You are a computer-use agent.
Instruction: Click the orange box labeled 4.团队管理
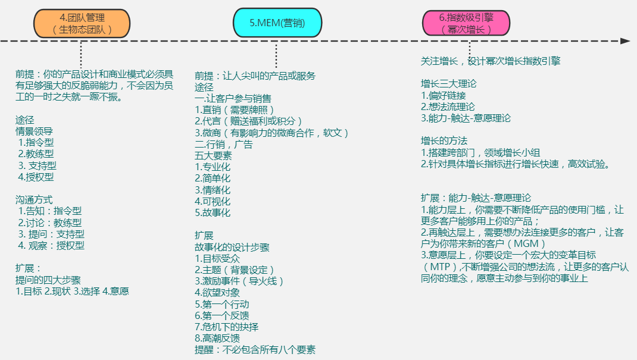coord(82,24)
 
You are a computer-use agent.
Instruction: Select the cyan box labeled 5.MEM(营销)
coord(277,24)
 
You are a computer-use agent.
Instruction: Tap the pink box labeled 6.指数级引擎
coord(466,24)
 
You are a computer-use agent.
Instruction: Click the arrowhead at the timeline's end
coord(624,41)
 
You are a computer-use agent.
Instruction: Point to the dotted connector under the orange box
coord(81,55)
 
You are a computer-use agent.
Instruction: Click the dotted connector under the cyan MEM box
coord(276,56)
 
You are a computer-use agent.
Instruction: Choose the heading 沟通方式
coord(34,199)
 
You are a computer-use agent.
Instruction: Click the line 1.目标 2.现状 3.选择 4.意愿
coord(72,291)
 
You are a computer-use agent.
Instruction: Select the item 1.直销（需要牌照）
coord(235,110)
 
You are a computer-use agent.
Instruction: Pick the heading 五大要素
coord(213,155)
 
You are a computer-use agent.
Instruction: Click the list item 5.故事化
coord(213,212)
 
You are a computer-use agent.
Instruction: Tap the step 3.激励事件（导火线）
coord(239,281)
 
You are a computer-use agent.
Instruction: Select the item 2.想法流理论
coord(448,107)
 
